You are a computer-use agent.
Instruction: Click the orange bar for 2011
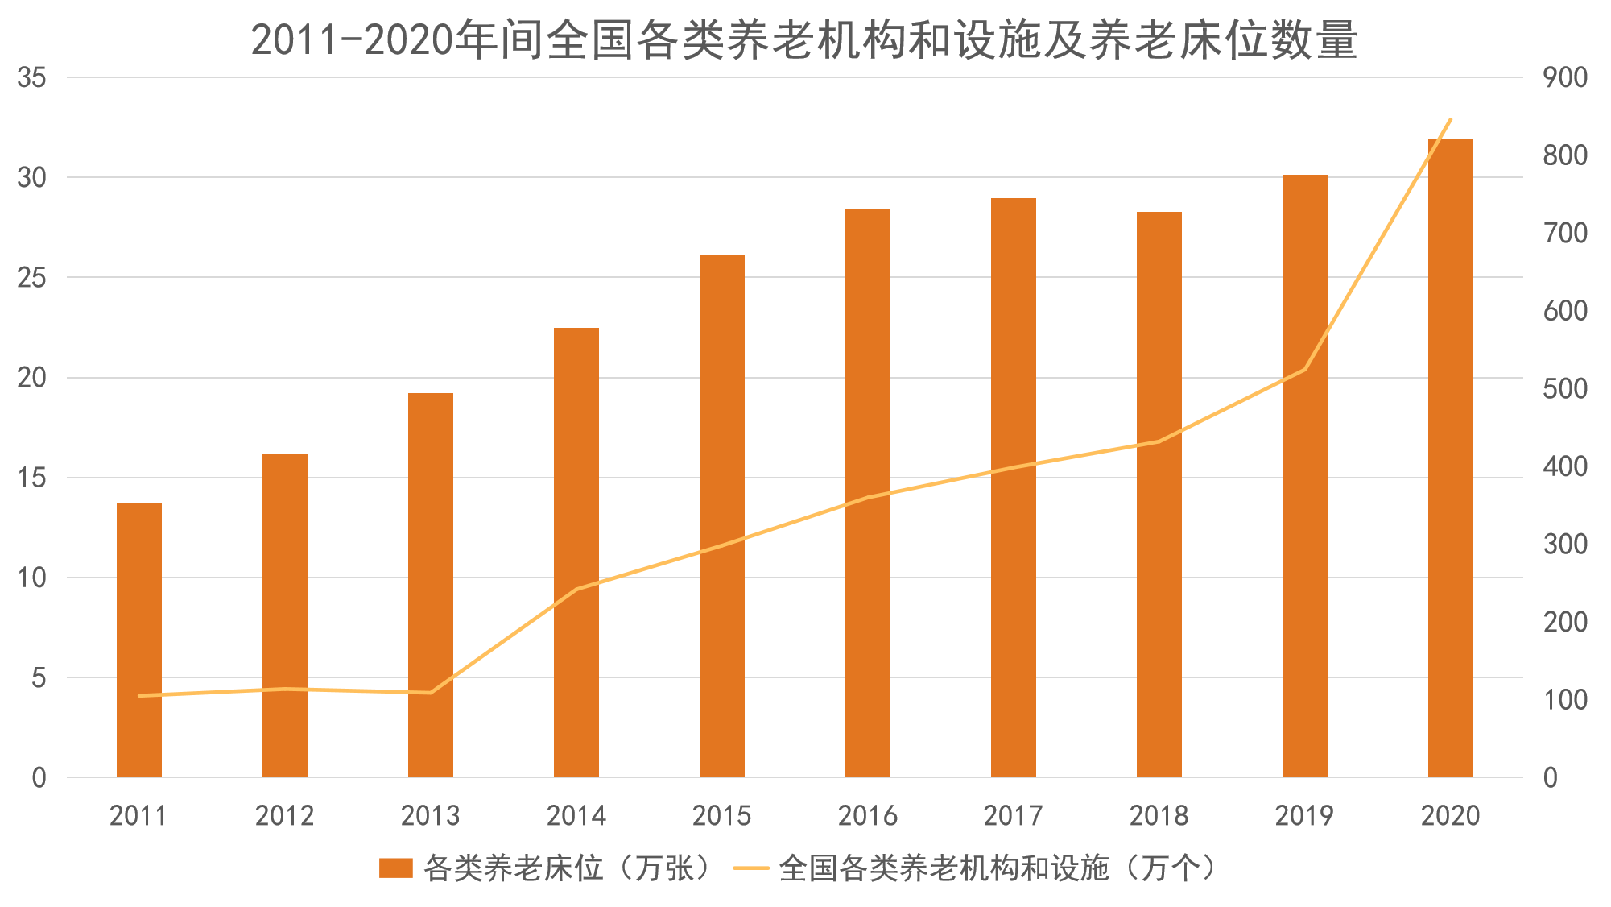click(x=139, y=640)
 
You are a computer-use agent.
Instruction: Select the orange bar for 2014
click(x=576, y=553)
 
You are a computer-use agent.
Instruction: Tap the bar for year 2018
click(x=1159, y=495)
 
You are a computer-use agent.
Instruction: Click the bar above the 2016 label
click(x=868, y=493)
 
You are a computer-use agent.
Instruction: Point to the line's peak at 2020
click(x=1451, y=119)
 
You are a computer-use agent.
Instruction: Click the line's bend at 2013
click(x=431, y=693)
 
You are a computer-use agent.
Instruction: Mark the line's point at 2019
click(x=1305, y=370)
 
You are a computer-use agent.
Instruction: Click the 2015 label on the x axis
click(x=722, y=816)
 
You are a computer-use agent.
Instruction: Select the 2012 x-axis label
click(x=284, y=816)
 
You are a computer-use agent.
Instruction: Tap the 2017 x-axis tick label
click(x=1014, y=816)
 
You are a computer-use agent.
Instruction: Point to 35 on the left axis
click(x=32, y=78)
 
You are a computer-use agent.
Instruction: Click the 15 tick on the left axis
click(x=32, y=478)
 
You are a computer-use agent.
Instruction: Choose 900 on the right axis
click(x=1565, y=78)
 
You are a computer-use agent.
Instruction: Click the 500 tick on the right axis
click(x=1565, y=389)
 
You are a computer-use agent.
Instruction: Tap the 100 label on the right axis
click(x=1565, y=700)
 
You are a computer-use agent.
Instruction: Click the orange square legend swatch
click(x=395, y=868)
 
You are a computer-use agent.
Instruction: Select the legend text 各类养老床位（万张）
click(x=568, y=868)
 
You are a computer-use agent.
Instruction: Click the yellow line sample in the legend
click(x=752, y=868)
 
